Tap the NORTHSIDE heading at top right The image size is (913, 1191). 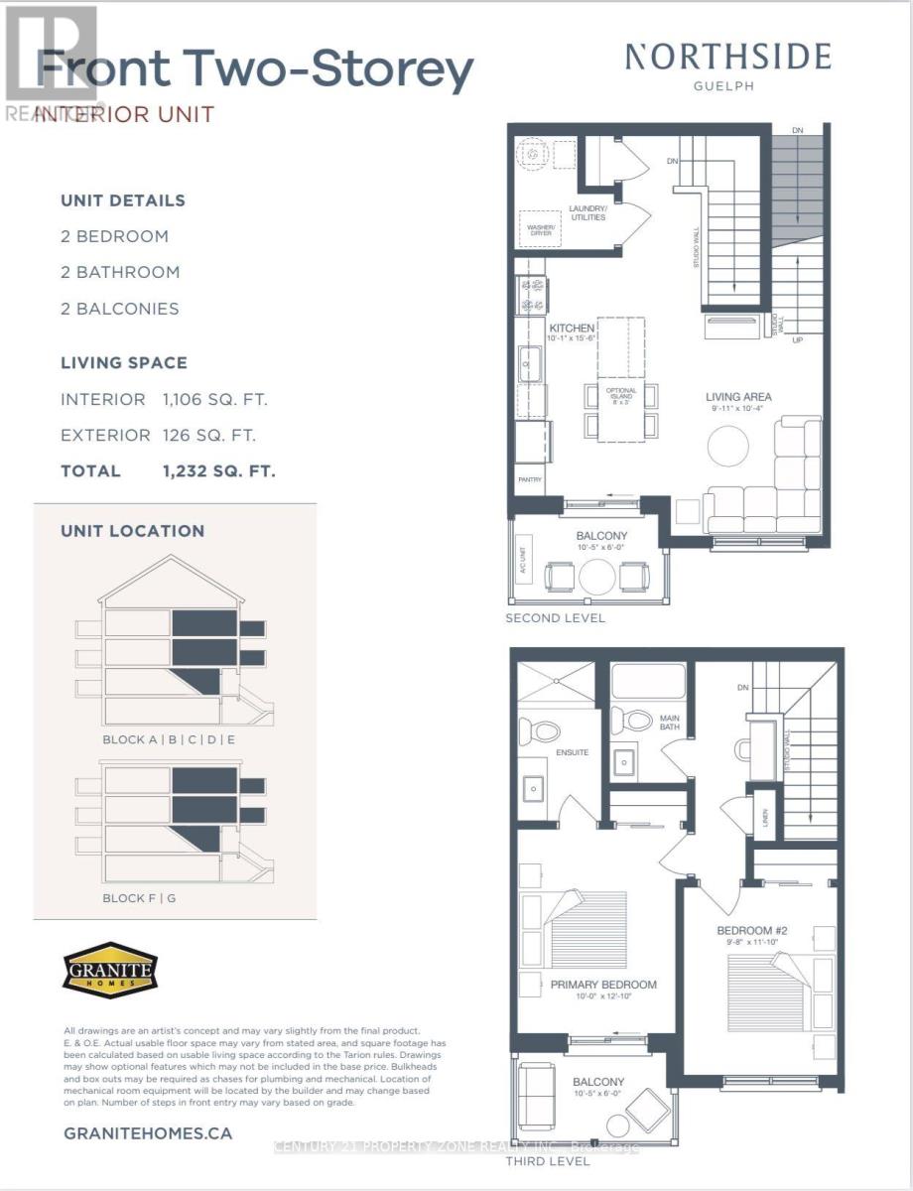[727, 58]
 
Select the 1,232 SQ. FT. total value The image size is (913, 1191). [219, 470]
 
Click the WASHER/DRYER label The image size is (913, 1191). [541, 230]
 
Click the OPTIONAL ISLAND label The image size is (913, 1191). [615, 395]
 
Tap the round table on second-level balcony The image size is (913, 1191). [597, 576]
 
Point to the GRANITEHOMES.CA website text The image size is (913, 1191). [148, 1132]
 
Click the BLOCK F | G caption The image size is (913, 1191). [140, 897]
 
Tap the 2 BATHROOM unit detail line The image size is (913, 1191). [120, 272]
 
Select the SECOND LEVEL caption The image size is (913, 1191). [555, 617]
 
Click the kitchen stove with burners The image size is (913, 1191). [527, 294]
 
